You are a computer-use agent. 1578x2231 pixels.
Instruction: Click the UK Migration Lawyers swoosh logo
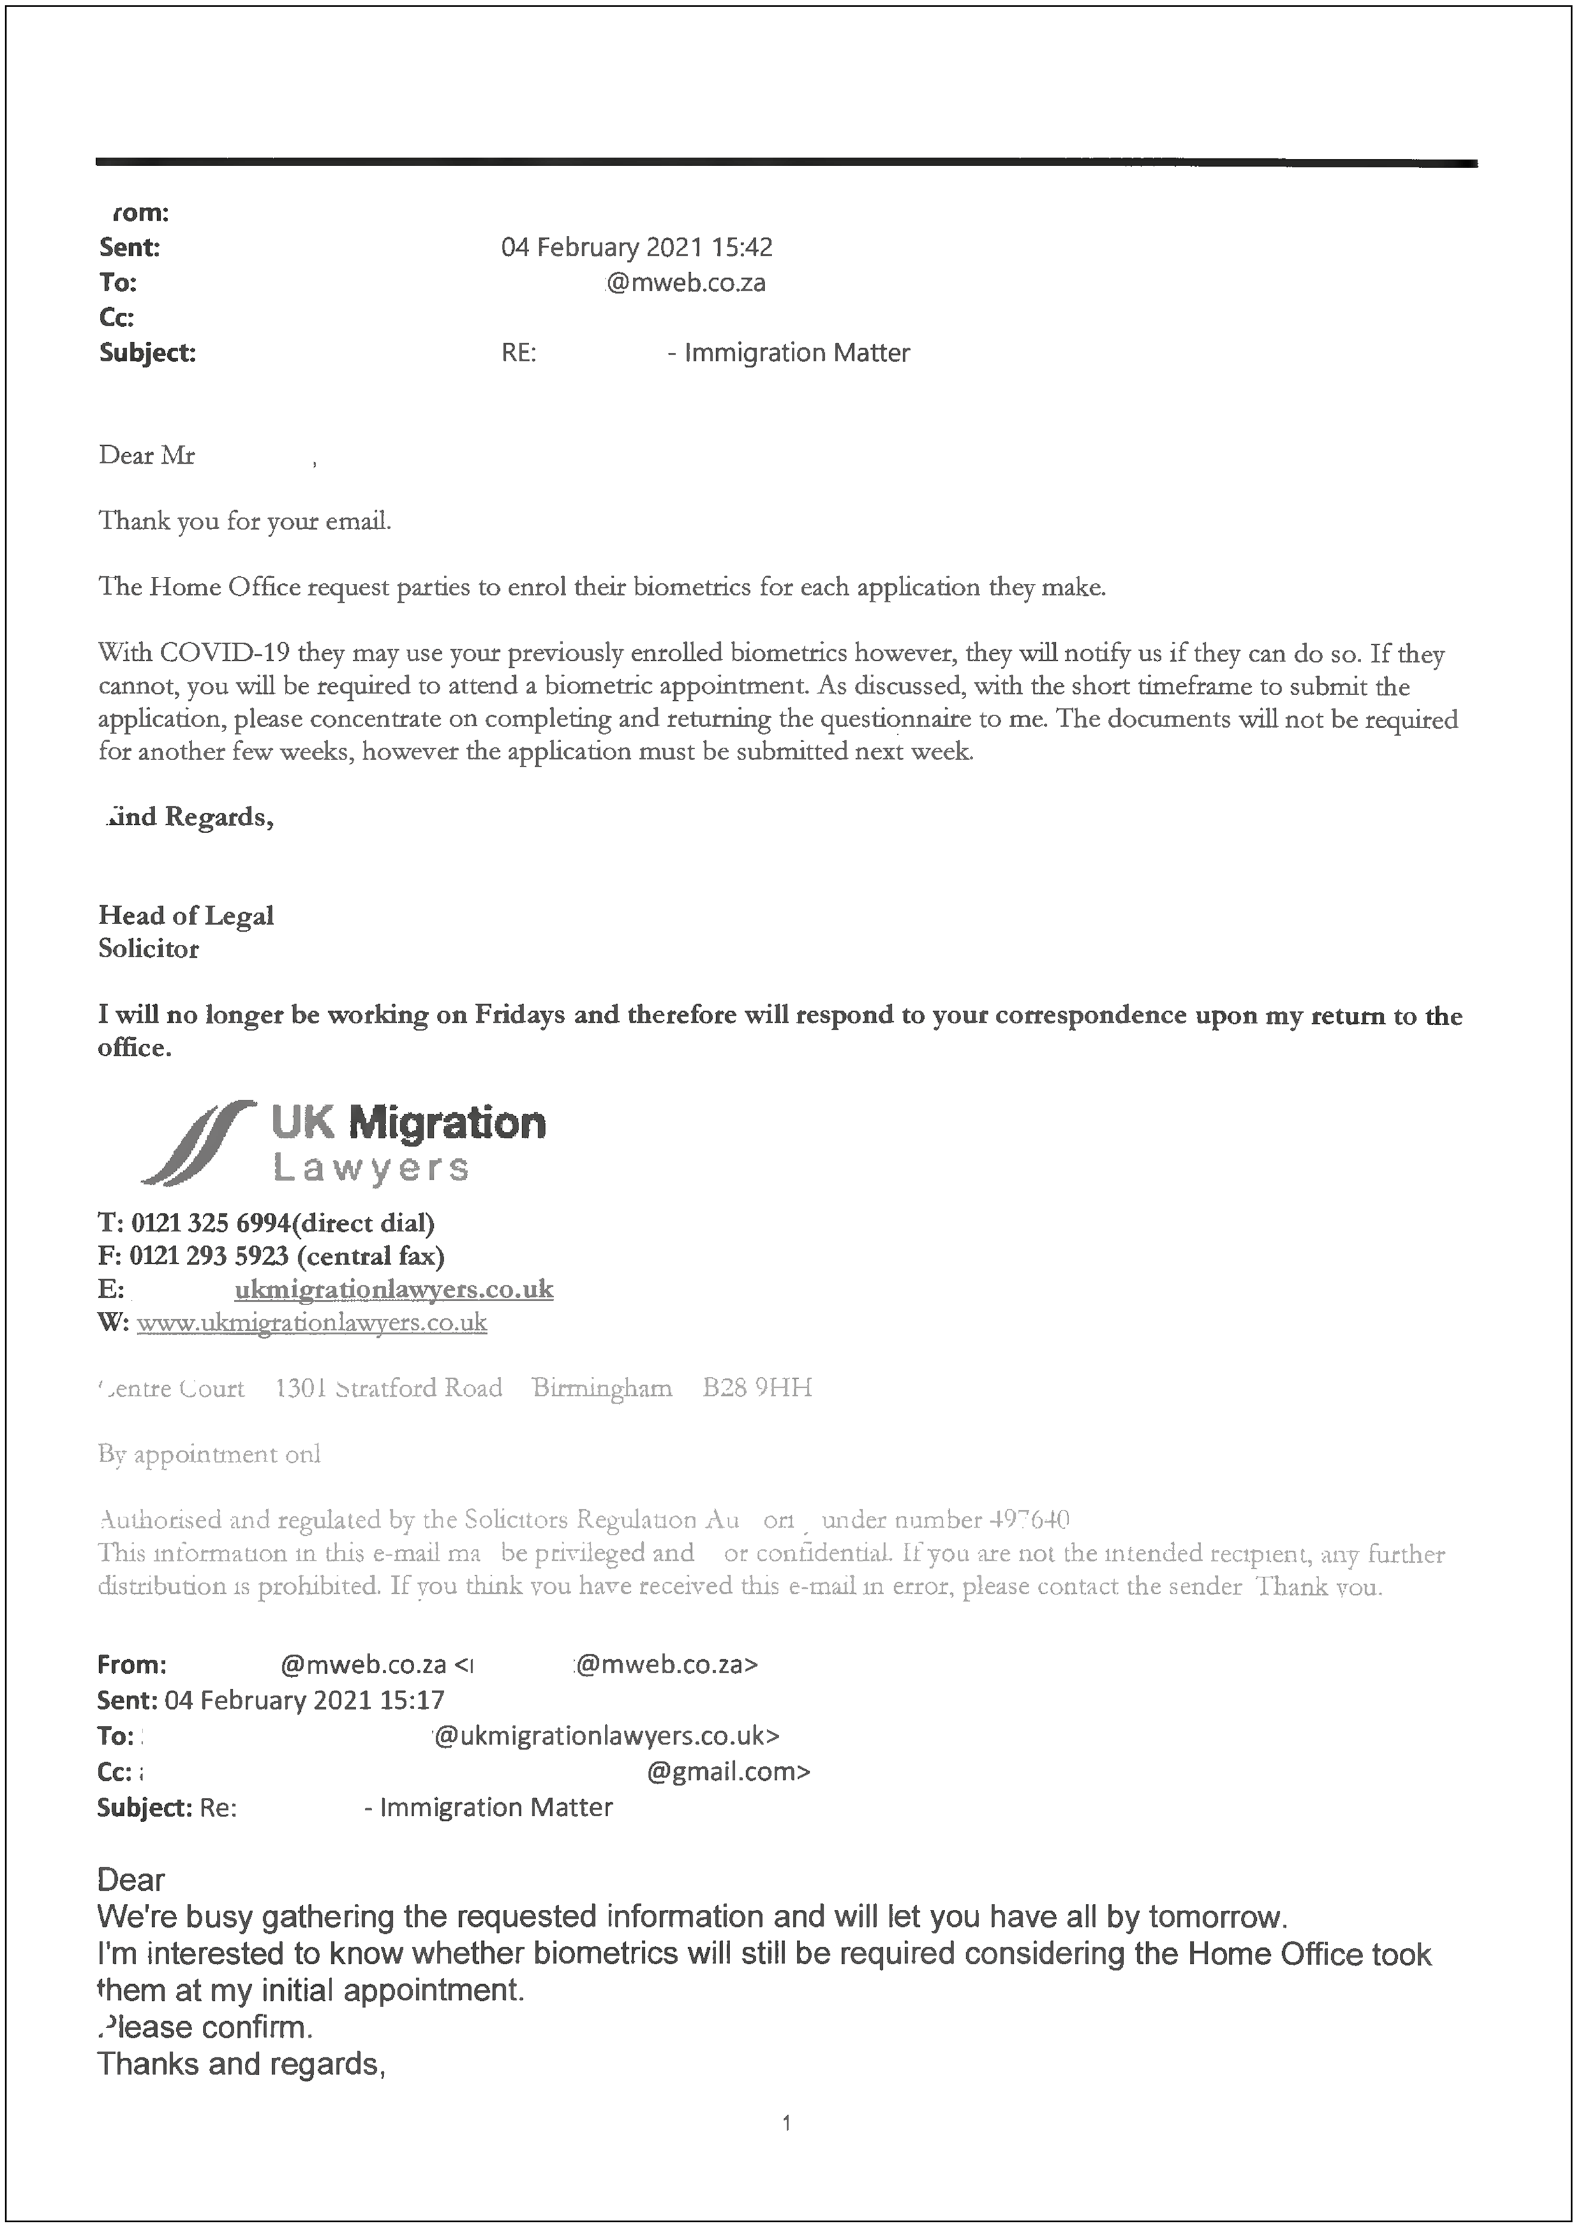pos(199,1143)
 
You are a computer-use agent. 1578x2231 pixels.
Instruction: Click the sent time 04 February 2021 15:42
pos(637,248)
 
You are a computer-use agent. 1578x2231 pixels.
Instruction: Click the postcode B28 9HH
pos(757,1388)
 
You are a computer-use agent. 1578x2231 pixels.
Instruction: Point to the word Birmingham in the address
pos(602,1388)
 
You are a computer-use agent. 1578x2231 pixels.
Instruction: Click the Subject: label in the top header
pos(147,353)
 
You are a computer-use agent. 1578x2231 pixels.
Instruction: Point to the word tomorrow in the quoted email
pos(1215,1916)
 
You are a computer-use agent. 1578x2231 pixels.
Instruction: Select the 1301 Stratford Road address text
pos(389,1388)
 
